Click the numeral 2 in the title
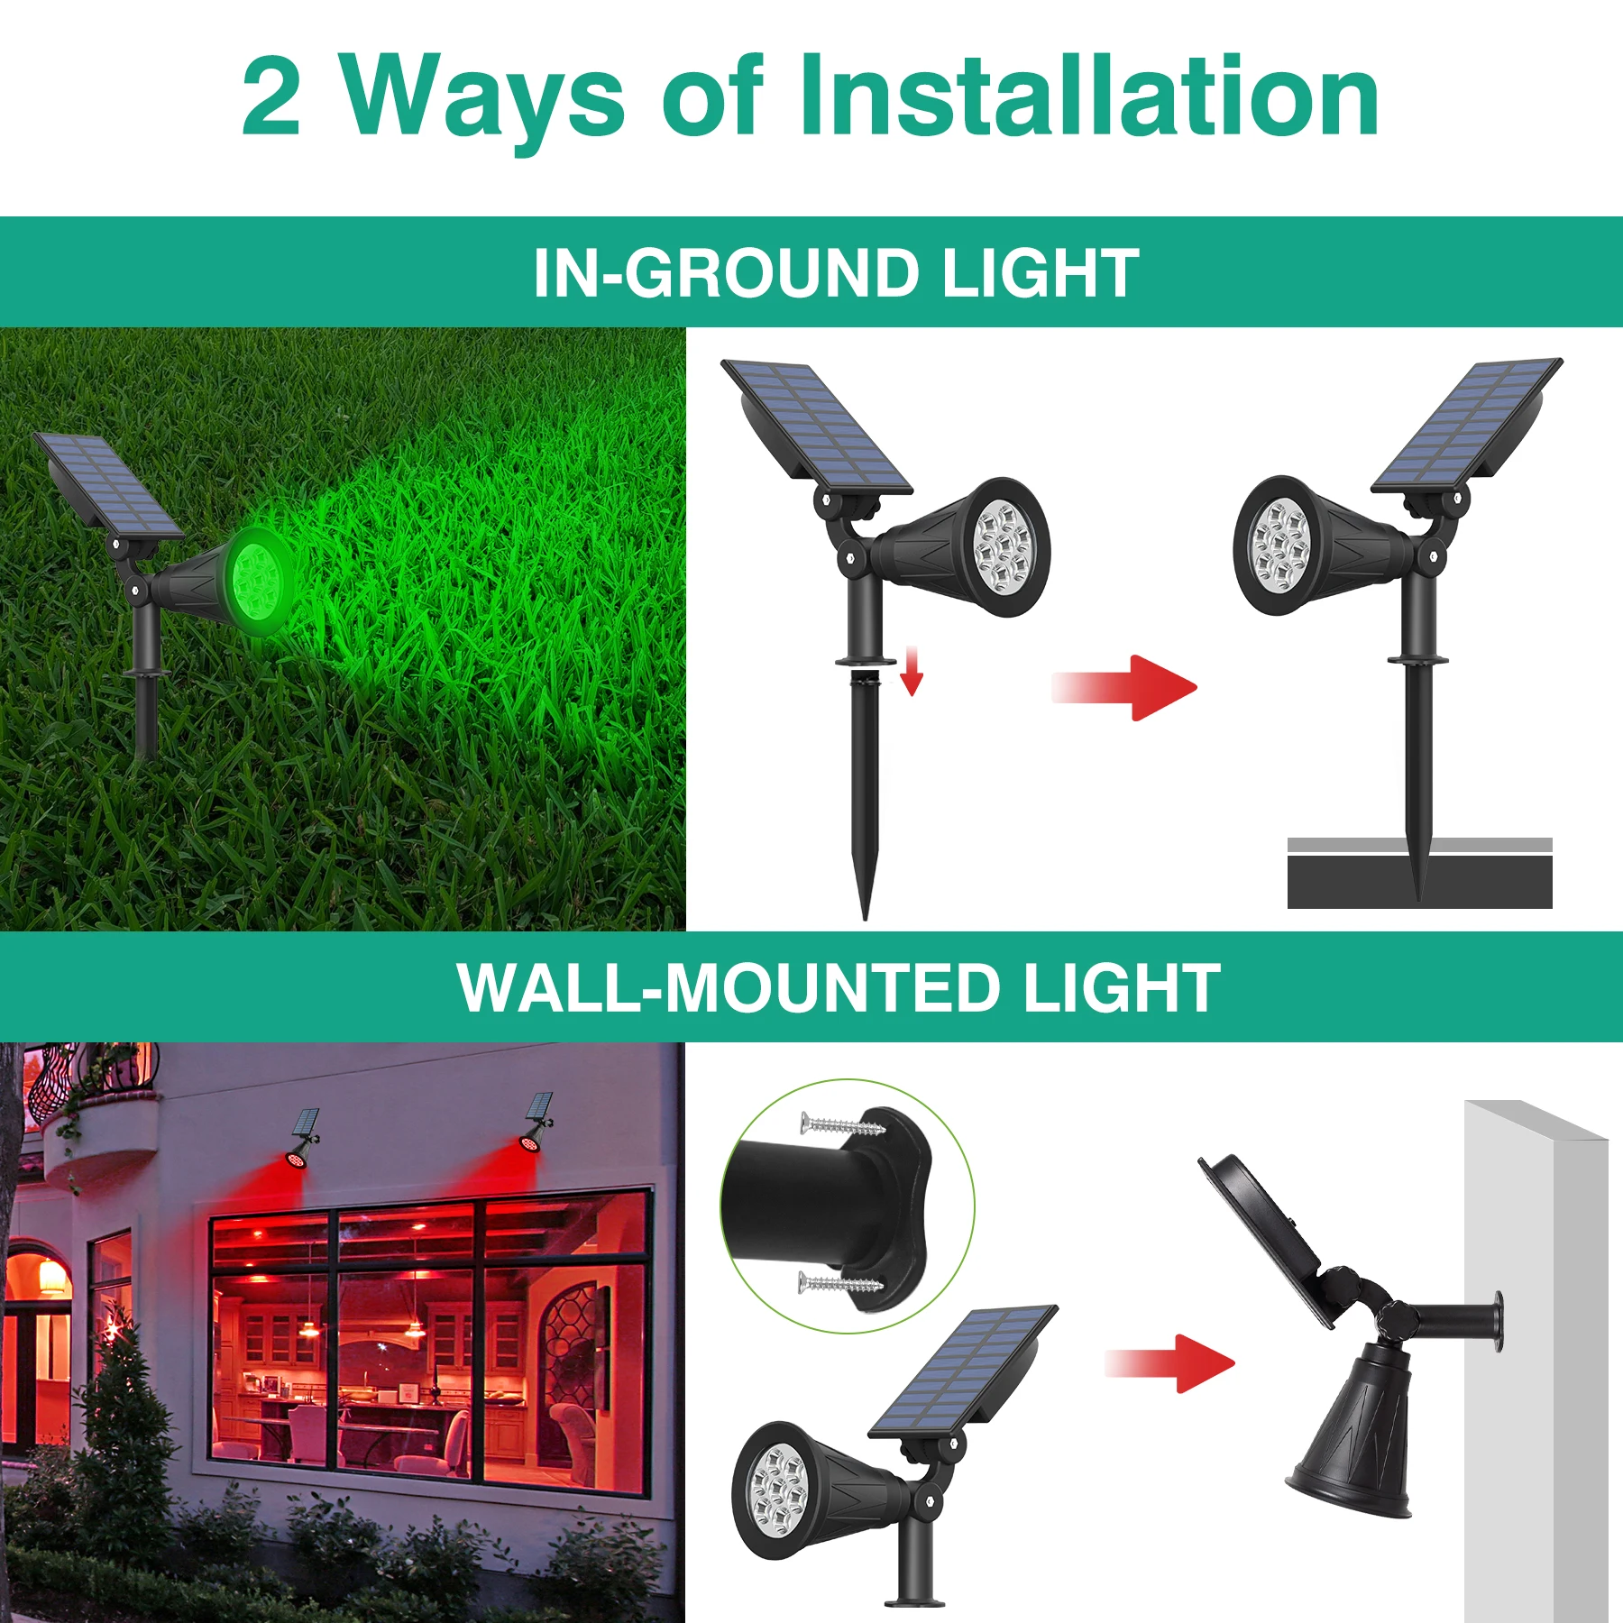(271, 97)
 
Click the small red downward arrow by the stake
(912, 671)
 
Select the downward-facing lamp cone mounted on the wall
(1352, 1434)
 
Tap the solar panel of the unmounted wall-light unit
(963, 1371)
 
